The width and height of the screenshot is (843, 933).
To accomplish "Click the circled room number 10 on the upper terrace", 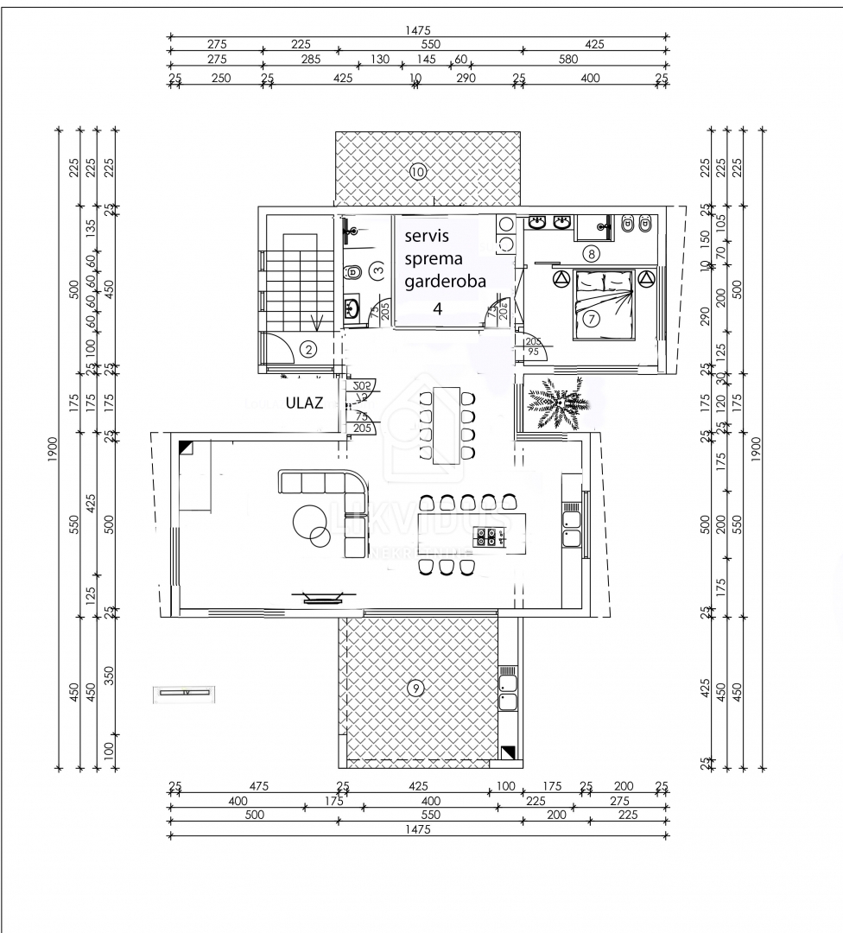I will click(418, 171).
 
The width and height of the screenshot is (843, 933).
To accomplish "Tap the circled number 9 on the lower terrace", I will click(416, 688).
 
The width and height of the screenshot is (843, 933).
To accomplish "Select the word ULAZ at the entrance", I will click(305, 402).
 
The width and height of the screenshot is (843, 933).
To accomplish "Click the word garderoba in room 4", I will click(445, 281).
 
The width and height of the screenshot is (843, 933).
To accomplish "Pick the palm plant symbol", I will click(557, 403).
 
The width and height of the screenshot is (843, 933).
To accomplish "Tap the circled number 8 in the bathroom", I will click(591, 254).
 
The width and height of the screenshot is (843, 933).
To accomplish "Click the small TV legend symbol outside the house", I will click(184, 693).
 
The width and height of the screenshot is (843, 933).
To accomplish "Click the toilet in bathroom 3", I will click(353, 273).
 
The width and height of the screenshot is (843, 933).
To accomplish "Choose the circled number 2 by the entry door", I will click(308, 350).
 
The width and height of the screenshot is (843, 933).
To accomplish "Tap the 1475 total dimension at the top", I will click(418, 29).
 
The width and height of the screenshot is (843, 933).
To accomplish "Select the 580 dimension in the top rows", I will click(567, 60).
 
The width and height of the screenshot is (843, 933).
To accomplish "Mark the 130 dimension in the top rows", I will click(380, 60).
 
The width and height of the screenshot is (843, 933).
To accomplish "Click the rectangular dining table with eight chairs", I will click(446, 425).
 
